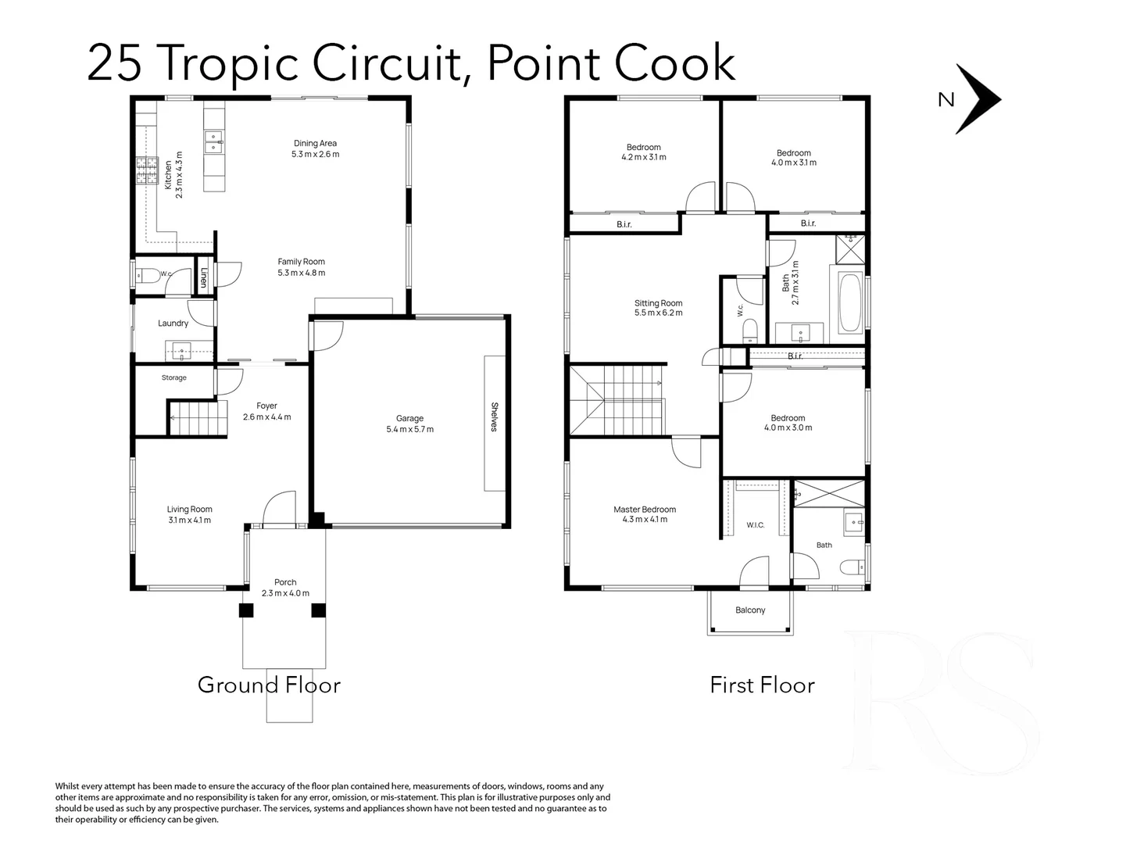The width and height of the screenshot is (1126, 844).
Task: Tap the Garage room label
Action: click(409, 418)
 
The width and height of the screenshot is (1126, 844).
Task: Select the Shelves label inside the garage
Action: click(495, 417)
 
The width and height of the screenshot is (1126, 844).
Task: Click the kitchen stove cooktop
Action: click(146, 170)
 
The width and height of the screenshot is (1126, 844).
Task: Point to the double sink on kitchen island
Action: click(213, 142)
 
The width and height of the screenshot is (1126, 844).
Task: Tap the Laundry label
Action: click(173, 324)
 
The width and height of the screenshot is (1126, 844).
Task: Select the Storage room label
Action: click(174, 377)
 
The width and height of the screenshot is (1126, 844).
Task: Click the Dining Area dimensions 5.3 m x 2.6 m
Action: click(316, 154)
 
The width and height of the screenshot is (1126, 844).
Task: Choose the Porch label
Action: click(285, 582)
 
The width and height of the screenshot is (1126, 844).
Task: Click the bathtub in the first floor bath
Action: click(849, 302)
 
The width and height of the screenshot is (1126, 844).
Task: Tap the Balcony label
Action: click(750, 610)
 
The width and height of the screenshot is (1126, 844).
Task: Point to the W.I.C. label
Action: click(756, 525)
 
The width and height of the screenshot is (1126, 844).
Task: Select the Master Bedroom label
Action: click(645, 510)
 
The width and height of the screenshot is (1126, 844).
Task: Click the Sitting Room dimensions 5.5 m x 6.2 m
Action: click(658, 313)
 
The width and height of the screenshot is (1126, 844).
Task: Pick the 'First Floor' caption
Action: click(763, 685)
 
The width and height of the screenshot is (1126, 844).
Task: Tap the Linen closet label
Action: click(204, 277)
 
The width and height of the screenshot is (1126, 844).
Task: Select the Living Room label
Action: click(189, 509)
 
